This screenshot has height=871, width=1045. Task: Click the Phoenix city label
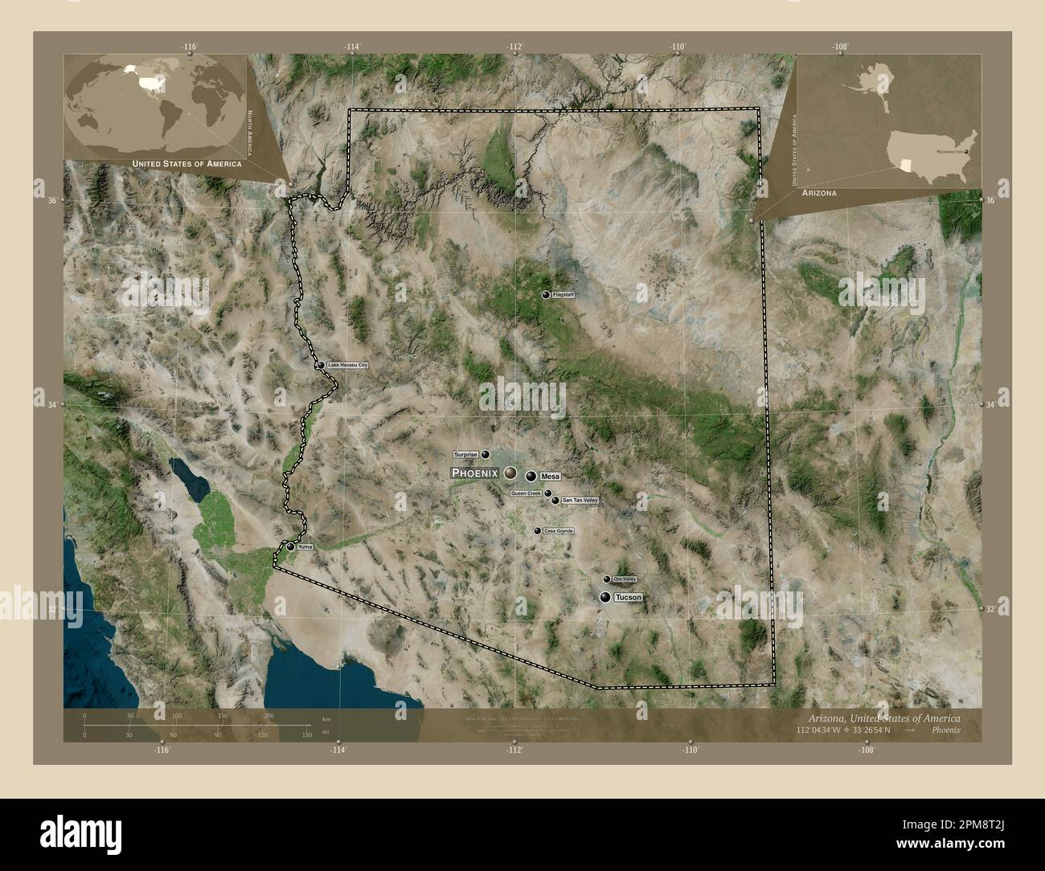tap(475, 473)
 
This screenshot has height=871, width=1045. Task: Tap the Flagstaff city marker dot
tap(546, 296)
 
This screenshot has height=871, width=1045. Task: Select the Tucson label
tap(629, 598)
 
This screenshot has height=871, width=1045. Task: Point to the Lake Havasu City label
tap(347, 366)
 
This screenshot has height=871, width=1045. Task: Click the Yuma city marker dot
tap(290, 546)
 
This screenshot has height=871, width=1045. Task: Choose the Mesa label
tap(551, 476)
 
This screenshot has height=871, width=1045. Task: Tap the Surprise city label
tap(465, 454)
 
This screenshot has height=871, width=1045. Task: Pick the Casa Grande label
tap(558, 531)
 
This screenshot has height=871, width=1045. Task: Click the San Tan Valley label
tap(580, 501)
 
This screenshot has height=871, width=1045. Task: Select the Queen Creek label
tap(521, 493)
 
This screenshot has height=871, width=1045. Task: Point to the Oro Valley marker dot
tap(607, 579)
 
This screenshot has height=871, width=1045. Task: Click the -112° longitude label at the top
tap(515, 47)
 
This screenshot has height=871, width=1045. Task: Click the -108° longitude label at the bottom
tap(866, 750)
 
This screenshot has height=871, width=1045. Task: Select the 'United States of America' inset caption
tap(186, 163)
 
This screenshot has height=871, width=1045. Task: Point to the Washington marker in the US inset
tap(966, 150)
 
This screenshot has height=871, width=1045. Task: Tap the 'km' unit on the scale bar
tap(326, 718)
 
